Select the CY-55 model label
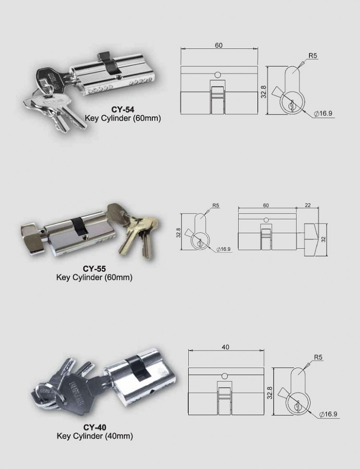pos(94,269)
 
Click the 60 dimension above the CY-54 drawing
pos(219,45)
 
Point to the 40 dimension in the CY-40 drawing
pos(225,347)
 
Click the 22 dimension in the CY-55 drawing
pos(308,205)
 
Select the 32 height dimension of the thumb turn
pos(323,239)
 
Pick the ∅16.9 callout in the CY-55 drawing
pos(224,249)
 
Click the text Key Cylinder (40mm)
pos(94,437)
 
